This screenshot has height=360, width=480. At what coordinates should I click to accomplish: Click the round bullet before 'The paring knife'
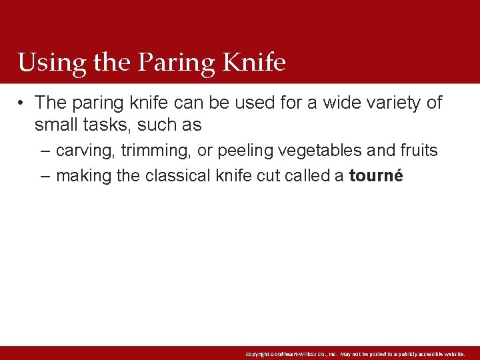(23, 103)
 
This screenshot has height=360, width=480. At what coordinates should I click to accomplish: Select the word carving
(85, 151)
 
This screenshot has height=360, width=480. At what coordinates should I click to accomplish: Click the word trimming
(156, 151)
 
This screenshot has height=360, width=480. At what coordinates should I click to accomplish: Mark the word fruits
(419, 151)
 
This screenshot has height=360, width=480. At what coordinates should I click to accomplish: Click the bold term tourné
(376, 177)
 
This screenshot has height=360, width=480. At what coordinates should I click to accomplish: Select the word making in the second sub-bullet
(83, 177)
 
